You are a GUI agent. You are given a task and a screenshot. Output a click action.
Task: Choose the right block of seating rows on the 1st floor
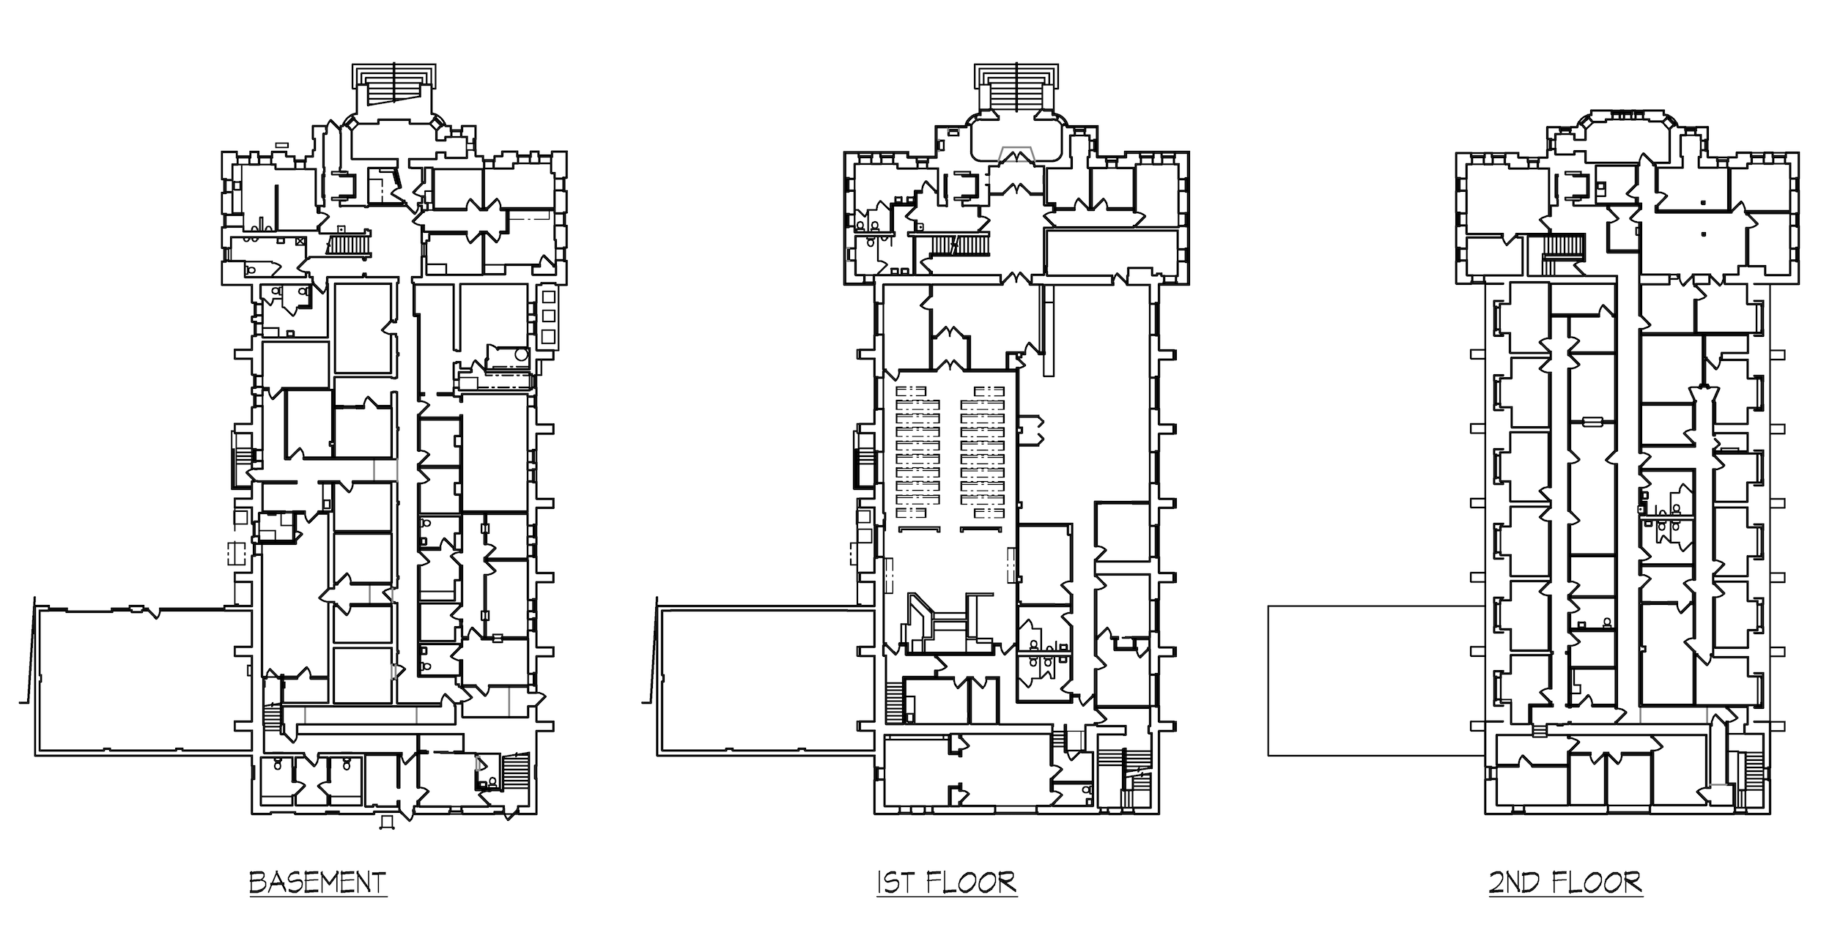point(982,454)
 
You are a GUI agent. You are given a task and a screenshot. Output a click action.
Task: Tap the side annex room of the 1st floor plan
point(767,678)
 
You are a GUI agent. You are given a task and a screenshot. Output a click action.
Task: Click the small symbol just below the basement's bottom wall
point(388,823)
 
